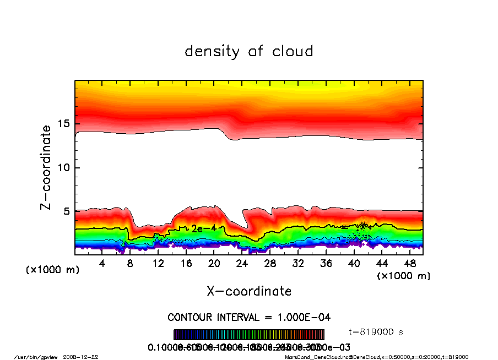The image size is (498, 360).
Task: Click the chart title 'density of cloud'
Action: pyautogui.click(x=248, y=52)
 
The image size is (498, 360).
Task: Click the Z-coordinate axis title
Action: pyautogui.click(x=46, y=167)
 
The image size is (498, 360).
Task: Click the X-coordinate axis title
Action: pyautogui.click(x=249, y=291)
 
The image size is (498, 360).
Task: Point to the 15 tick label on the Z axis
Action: pyautogui.click(x=64, y=124)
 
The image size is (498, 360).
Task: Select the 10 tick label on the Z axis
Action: pyautogui.click(x=64, y=168)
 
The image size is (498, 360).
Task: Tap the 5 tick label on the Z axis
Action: pyautogui.click(x=67, y=211)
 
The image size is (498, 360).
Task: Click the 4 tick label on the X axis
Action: pyautogui.click(x=102, y=264)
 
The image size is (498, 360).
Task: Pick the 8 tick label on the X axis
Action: pyautogui.click(x=131, y=264)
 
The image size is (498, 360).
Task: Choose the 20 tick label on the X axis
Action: pyautogui.click(x=214, y=264)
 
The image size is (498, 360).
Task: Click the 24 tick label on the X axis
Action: pyautogui.click(x=242, y=264)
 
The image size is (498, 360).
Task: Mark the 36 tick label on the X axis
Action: pyautogui.click(x=326, y=264)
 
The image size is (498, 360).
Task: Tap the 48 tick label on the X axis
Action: pyautogui.click(x=410, y=264)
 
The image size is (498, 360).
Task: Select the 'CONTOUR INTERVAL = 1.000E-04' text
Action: pyautogui.click(x=249, y=318)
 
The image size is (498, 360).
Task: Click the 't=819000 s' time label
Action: pyautogui.click(x=376, y=332)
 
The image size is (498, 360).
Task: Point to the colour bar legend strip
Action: pyautogui.click(x=249, y=335)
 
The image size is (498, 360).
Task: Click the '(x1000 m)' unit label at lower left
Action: pyautogui.click(x=52, y=270)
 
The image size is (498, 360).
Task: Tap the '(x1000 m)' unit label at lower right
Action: pyautogui.click(x=403, y=275)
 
